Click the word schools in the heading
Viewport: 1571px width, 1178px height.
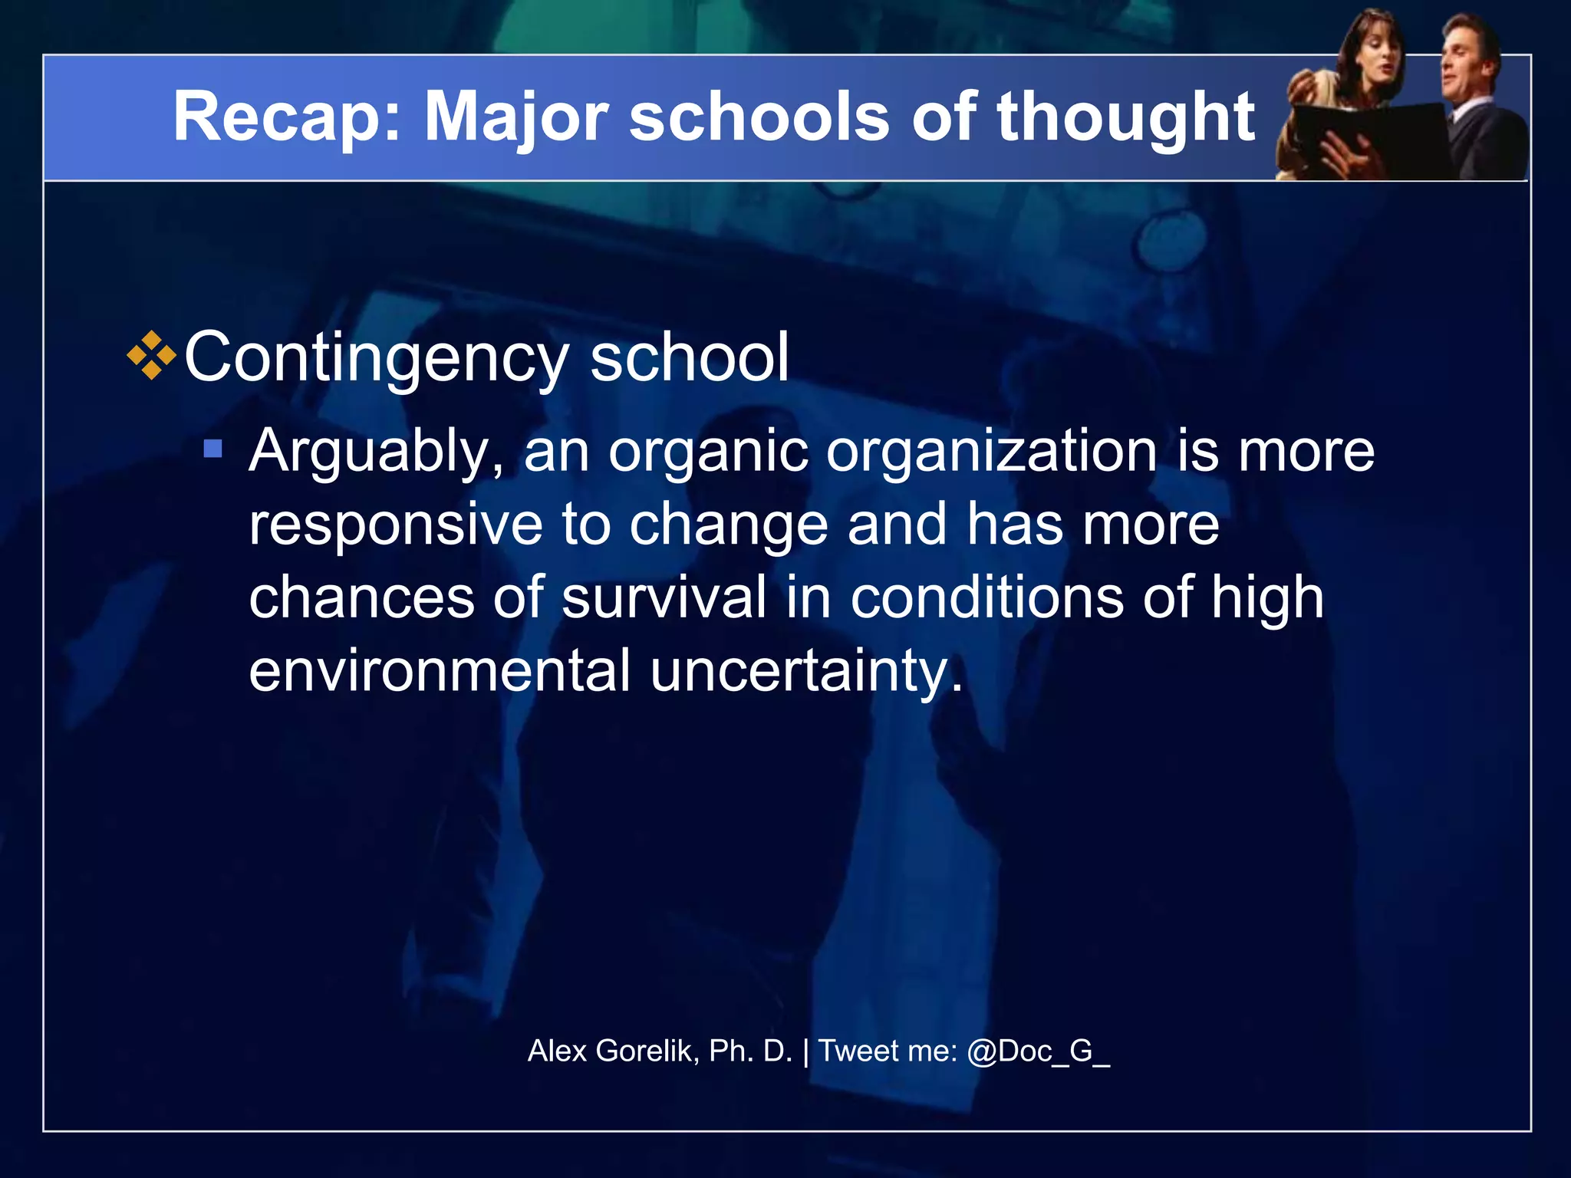pos(759,117)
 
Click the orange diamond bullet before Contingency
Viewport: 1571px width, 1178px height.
pos(152,355)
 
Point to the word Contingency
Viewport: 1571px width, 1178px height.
pos(376,358)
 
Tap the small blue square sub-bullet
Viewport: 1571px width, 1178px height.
pos(213,448)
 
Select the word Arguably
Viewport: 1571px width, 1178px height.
pos(376,452)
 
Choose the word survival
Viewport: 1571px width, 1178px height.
pos(664,597)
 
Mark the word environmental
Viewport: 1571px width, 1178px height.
pos(440,670)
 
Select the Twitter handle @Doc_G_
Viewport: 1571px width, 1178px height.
pos(1038,1051)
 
